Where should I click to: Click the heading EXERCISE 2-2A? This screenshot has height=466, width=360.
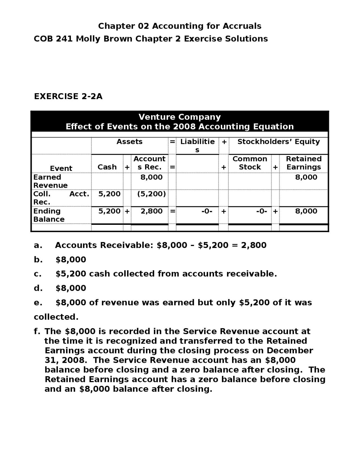click(68, 96)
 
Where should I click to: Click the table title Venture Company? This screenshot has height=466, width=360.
click(179, 117)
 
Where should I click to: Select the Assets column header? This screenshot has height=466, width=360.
click(129, 142)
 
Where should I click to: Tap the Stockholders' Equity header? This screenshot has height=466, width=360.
click(278, 142)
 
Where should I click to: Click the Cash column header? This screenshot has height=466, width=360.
click(107, 167)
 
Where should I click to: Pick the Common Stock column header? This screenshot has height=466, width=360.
click(250, 163)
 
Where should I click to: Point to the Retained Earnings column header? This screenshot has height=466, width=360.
click(303, 163)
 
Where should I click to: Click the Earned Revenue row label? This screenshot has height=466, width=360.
click(50, 181)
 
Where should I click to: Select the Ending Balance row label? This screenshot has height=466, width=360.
click(49, 215)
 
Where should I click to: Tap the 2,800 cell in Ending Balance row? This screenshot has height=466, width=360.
click(152, 211)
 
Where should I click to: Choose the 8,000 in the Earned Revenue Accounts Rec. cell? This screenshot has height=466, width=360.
click(152, 177)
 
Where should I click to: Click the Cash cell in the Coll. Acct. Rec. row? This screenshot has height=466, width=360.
click(109, 194)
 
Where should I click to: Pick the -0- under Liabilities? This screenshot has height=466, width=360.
click(207, 211)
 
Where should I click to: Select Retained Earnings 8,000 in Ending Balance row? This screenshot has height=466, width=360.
click(306, 211)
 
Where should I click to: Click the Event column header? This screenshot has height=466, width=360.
click(61, 168)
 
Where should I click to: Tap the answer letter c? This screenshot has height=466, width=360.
click(37, 274)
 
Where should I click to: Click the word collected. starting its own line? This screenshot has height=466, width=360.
click(56, 317)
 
